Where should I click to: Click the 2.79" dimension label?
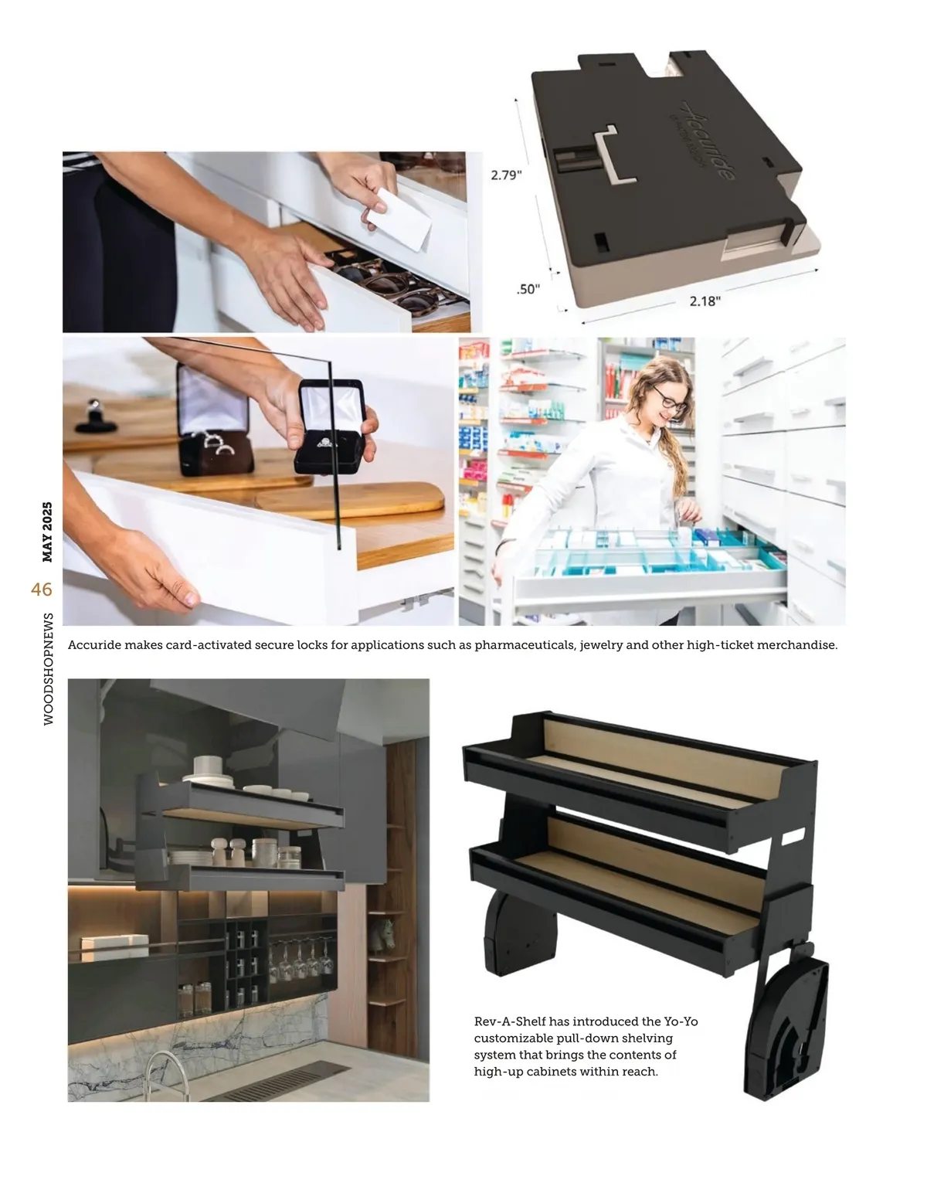coord(506,175)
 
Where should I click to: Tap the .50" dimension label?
coord(528,289)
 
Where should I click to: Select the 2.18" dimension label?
coord(705,301)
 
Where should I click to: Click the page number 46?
coord(42,590)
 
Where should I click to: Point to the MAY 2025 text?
coord(47,532)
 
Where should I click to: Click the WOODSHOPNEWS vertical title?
coord(49,668)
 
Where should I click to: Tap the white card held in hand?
coord(399,219)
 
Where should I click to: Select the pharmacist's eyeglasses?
coord(670,399)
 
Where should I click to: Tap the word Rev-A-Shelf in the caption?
coord(510,1021)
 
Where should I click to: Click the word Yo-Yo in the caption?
coord(681,1021)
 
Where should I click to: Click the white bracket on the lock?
coord(614,155)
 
